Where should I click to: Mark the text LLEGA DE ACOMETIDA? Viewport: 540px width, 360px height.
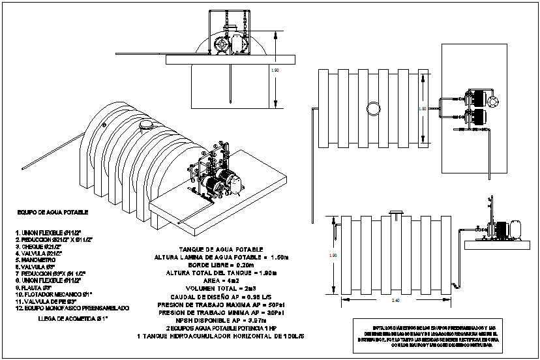click(71, 319)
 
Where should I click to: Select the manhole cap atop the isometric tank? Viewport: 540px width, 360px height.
click(146, 123)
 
